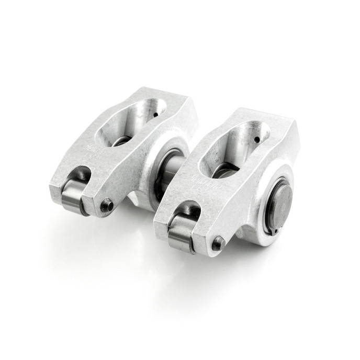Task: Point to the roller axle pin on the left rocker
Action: (107, 206)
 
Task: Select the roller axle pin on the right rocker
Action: (218, 243)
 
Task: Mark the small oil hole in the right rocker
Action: (256, 139)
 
